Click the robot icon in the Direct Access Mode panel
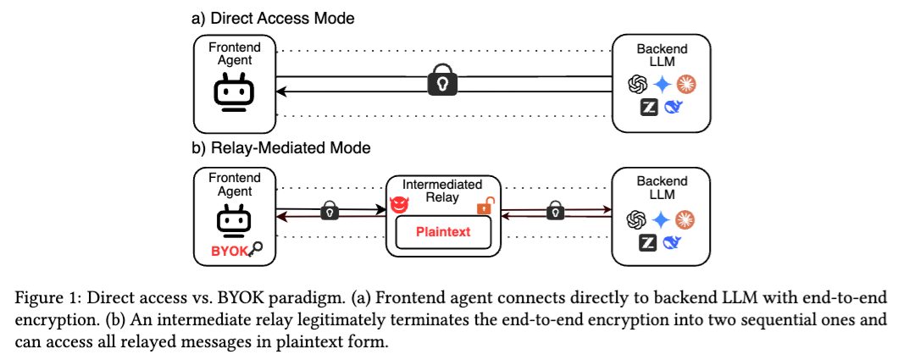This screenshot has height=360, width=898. pos(234,92)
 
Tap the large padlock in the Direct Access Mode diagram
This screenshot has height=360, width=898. pos(443,82)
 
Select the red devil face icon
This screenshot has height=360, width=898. pos(398,205)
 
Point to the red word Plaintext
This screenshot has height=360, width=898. pos(443,232)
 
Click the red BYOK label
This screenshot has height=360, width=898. pos(231,252)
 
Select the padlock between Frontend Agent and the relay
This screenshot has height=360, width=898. pos(330,210)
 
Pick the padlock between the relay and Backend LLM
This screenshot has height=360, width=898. pos(554,210)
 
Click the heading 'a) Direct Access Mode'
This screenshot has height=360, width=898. pos(273,19)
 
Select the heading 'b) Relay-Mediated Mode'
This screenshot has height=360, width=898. pos(280,148)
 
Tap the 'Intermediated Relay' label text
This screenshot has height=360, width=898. pos(441,191)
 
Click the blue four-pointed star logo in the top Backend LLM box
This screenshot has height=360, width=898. pos(662,85)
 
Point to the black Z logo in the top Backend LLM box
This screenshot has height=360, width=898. pos(649,107)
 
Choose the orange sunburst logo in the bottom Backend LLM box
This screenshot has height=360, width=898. pos(685,219)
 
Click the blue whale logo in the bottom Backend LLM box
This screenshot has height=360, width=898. pos(673,242)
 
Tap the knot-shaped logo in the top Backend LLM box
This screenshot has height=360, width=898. pos(637,85)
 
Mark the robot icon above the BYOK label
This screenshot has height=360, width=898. pos(234,224)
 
